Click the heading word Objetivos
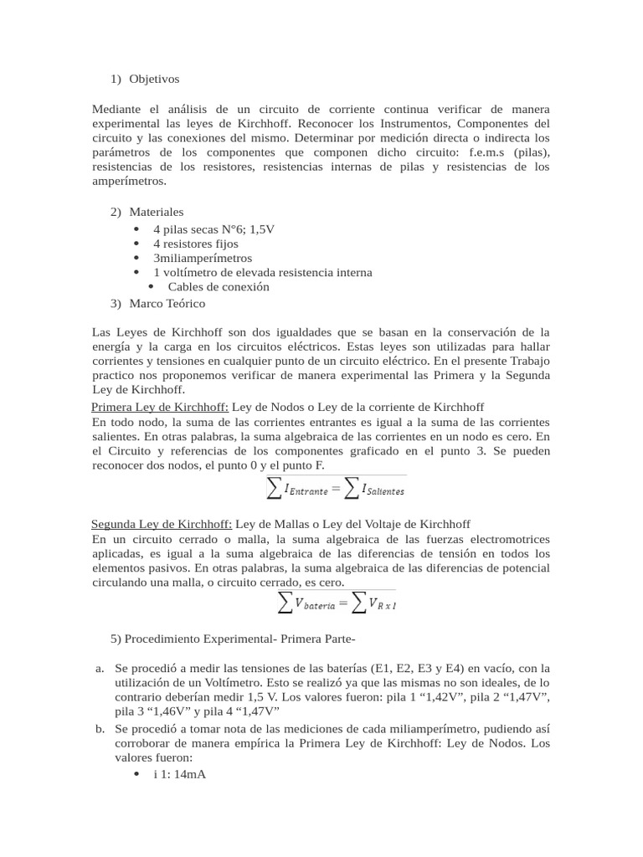pos(154,79)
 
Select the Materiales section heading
pos(157,212)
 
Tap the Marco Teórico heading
pos(167,303)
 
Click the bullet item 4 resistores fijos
pos(195,243)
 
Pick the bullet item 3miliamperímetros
pos(202,258)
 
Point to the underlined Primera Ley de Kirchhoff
pos(159,407)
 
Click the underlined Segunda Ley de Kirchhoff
pos(162,524)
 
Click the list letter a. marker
pos(100,668)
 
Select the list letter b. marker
pos(100,728)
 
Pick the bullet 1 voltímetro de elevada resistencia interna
pos(262,272)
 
